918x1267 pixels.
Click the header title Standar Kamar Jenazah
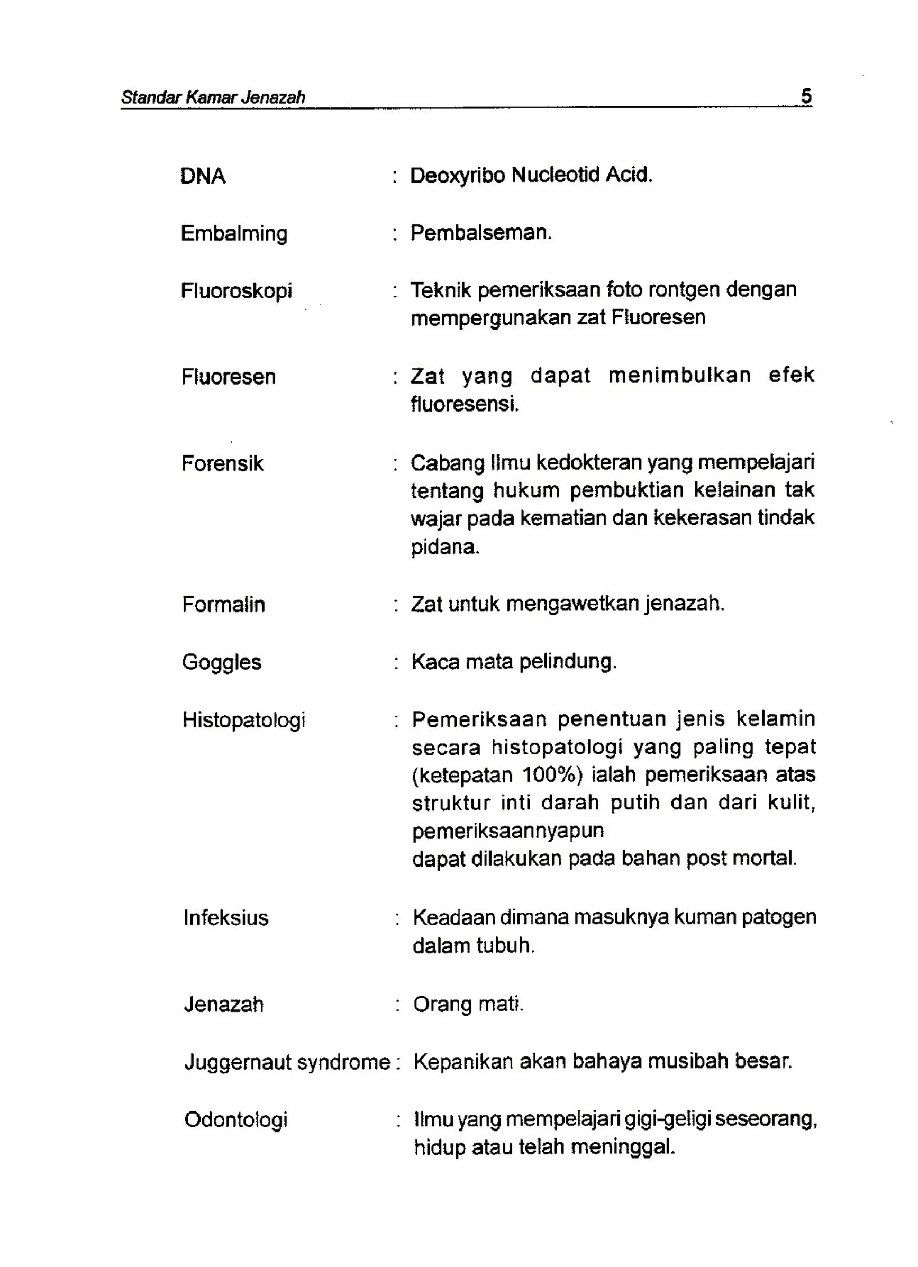[x=213, y=97]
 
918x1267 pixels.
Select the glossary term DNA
[x=202, y=177]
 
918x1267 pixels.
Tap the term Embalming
[x=234, y=234]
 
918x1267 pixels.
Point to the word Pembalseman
[x=481, y=233]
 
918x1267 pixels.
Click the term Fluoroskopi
[x=236, y=291]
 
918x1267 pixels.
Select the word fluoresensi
[x=464, y=403]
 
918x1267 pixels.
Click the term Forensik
[x=222, y=463]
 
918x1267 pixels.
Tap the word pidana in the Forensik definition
[x=445, y=546]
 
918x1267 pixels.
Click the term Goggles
[x=221, y=662]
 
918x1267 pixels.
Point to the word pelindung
[x=567, y=662]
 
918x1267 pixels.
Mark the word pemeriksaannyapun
[x=508, y=831]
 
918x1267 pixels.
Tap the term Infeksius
[x=226, y=918]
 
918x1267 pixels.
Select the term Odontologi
[x=235, y=1120]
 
